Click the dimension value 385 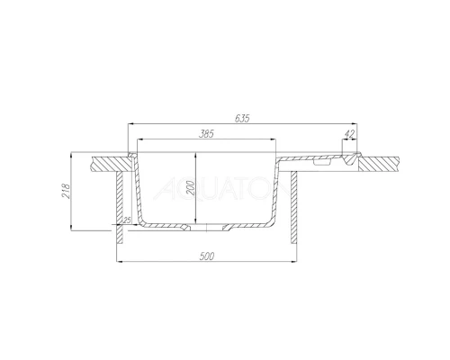point(205,133)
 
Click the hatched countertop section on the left point(110,164)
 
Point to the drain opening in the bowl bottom point(209,227)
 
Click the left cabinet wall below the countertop point(118,207)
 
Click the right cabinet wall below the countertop point(294,207)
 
